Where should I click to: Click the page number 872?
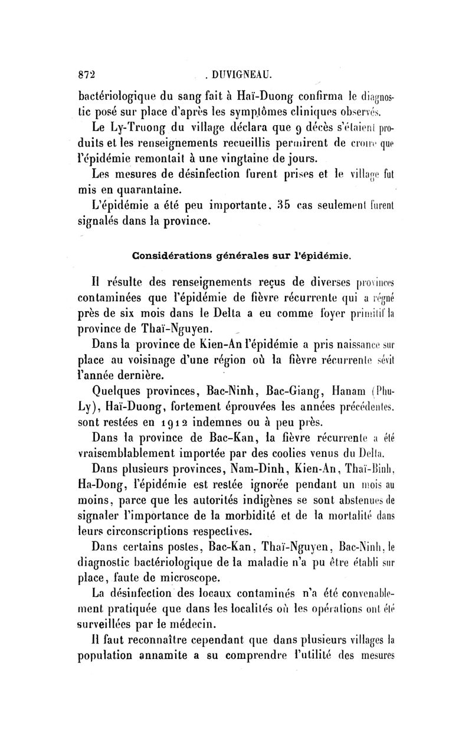[x=86, y=75]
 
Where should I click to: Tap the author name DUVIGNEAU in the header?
[x=242, y=75]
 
